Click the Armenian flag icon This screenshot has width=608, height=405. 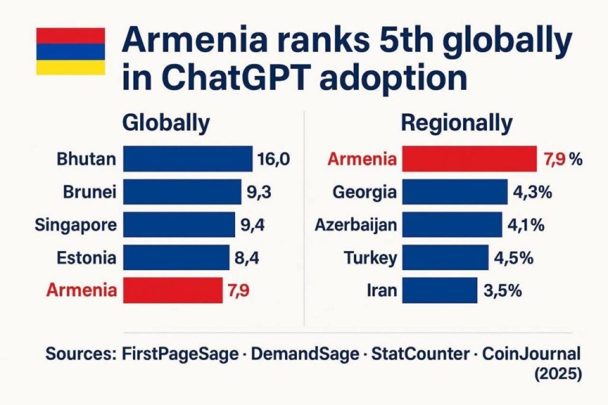70,51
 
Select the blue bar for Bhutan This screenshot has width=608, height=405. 188,159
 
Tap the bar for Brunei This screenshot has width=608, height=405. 182,191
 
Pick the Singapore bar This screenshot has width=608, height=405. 179,224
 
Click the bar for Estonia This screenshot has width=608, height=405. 176,257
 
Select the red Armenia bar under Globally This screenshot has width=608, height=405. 173,290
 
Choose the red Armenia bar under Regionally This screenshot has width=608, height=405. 469,159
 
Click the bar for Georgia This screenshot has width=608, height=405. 455,191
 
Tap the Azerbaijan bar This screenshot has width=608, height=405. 452,224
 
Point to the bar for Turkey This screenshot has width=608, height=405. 445,257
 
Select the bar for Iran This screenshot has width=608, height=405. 439,290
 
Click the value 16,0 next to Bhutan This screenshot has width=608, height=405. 273,159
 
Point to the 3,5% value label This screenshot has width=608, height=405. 503,291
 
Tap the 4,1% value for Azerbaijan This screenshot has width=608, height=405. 525,225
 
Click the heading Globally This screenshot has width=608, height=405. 166,123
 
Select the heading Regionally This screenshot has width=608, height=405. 456,123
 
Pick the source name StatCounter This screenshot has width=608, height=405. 419,354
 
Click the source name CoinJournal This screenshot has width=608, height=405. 532,354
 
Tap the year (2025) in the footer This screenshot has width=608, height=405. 558,374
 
